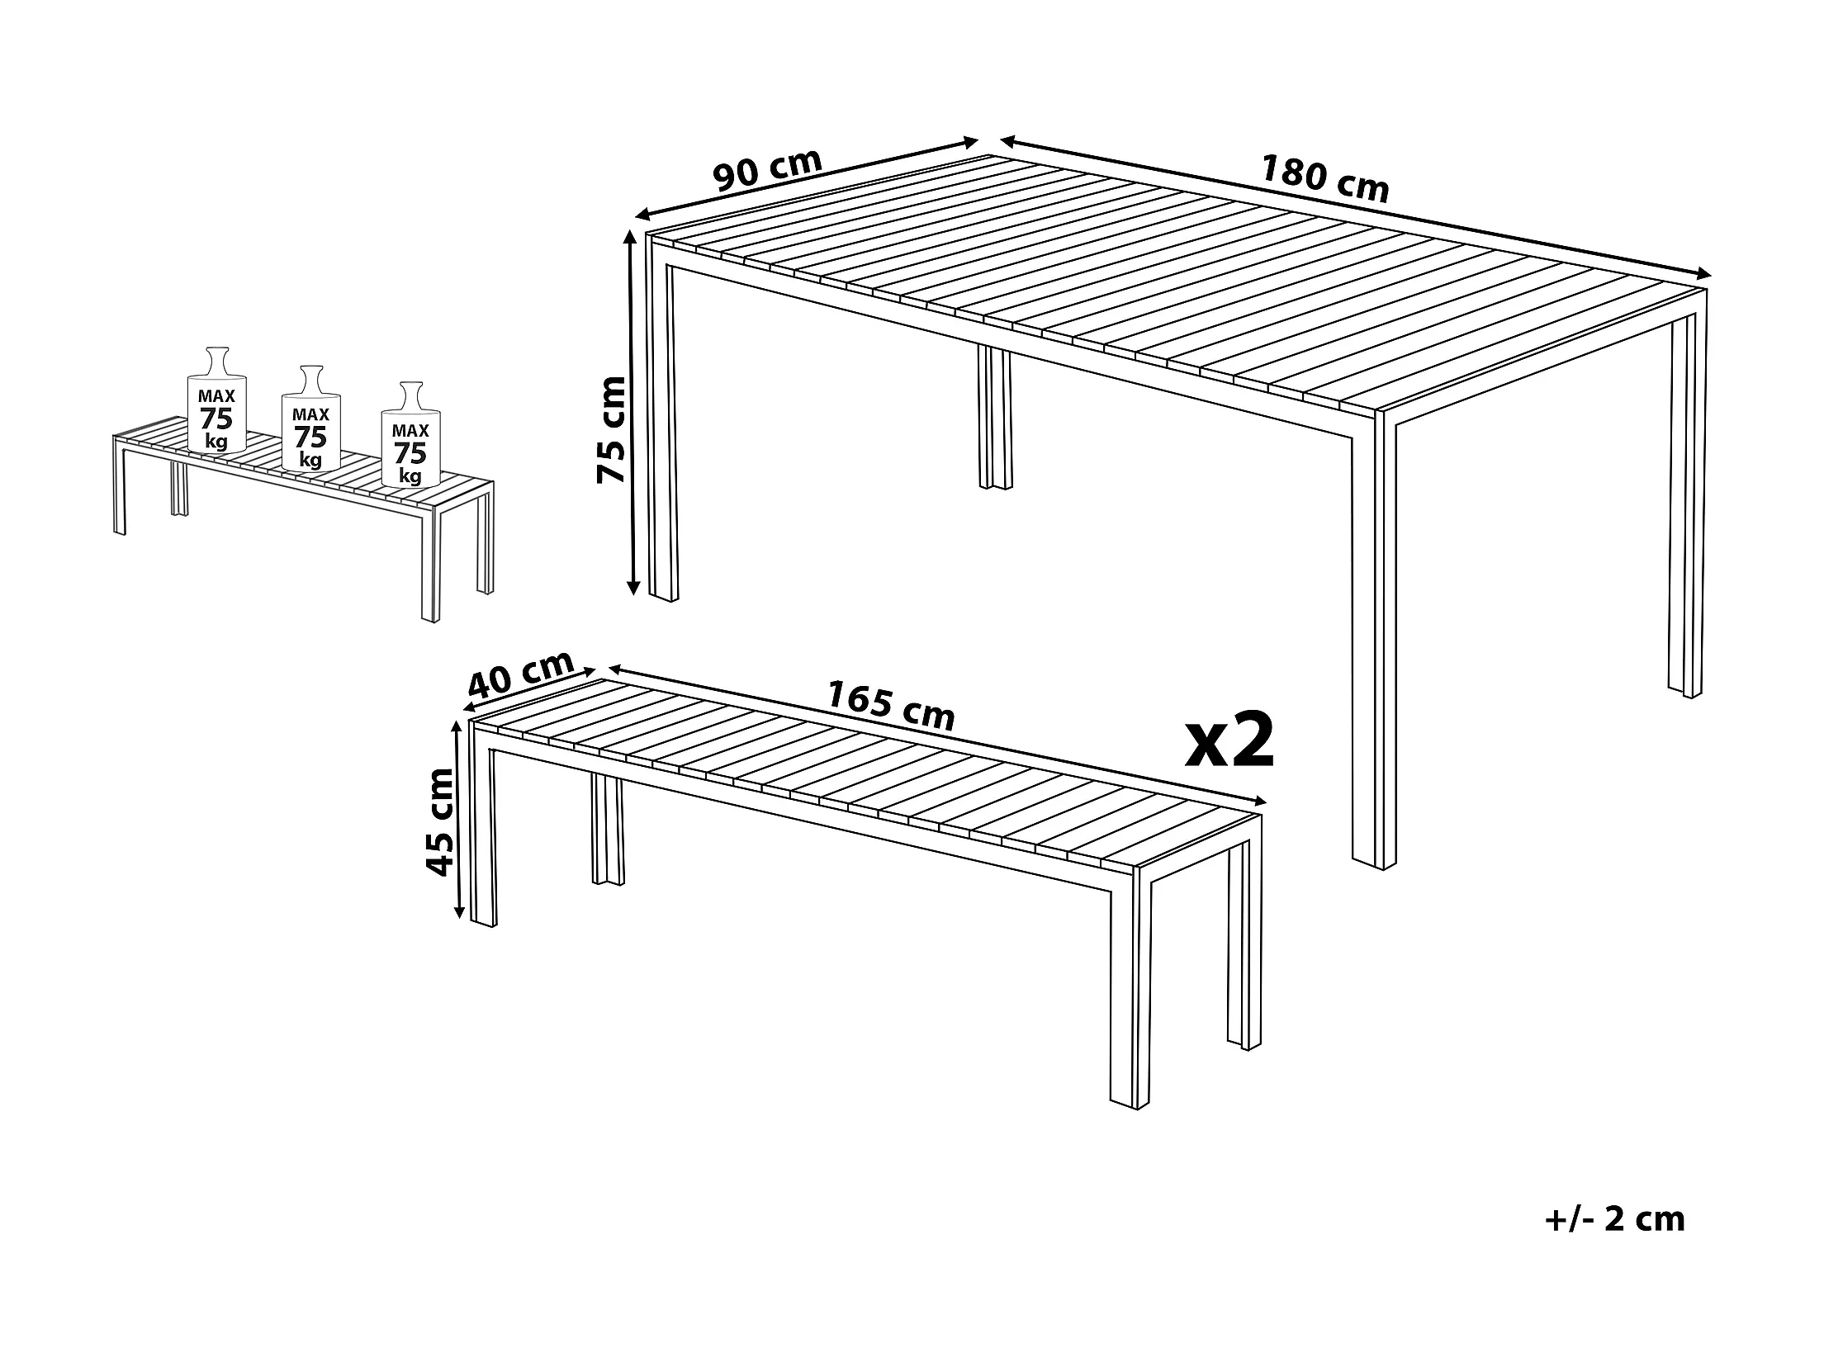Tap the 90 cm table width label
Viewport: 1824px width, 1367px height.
(768, 171)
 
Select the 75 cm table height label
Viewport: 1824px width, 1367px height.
(612, 428)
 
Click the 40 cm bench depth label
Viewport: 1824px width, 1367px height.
(521, 674)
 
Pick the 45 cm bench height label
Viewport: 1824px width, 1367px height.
(439, 821)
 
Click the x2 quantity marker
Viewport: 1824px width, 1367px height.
(1230, 740)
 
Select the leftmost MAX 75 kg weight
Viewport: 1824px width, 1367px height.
(216, 400)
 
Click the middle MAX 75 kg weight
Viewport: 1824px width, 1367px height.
(311, 419)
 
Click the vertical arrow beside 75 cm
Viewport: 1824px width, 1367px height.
(632, 413)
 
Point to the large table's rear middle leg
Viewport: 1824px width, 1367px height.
(994, 418)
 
